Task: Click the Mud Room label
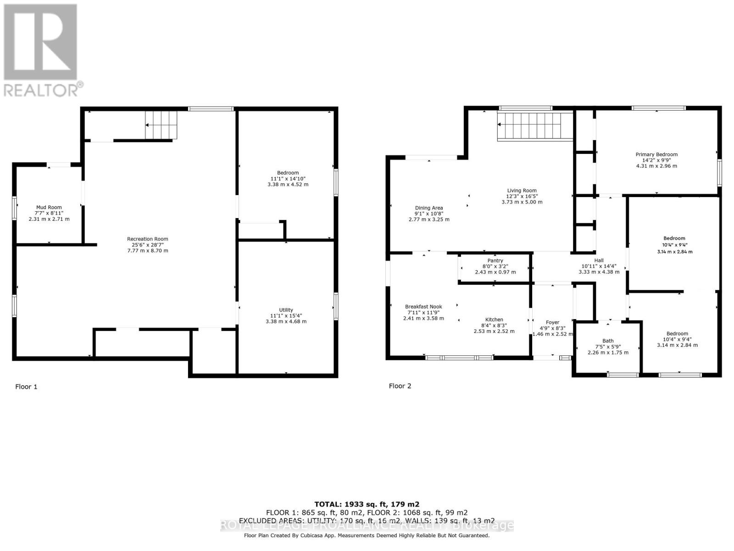tap(49, 208)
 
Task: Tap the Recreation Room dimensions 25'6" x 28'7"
tap(148, 245)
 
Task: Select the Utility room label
tap(286, 310)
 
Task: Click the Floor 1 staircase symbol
tap(161, 124)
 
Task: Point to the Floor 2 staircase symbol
tap(535, 126)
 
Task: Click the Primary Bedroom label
tap(656, 154)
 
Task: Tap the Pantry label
tap(495, 260)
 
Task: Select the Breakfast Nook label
tap(423, 307)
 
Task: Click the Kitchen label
tap(494, 320)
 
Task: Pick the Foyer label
tap(552, 322)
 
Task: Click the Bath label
tap(608, 341)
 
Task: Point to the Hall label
tap(599, 260)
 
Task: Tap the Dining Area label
tap(429, 208)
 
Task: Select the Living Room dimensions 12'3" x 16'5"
tap(522, 196)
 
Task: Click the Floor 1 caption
tap(26, 387)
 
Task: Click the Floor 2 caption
tap(400, 386)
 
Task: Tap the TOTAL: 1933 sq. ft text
tap(367, 504)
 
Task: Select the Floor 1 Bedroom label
tap(288, 173)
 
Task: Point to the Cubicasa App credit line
tap(367, 535)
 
